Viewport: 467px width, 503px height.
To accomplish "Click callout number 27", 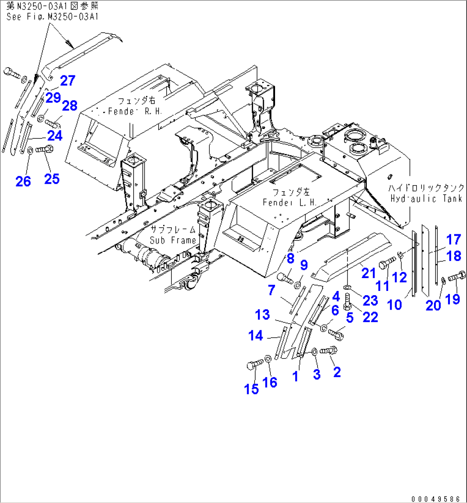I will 68,81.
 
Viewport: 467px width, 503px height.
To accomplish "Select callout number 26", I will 23,181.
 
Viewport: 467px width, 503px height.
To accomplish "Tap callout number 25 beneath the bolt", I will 52,178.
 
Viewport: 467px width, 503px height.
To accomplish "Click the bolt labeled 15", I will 254,365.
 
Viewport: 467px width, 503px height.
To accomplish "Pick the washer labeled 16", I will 267,358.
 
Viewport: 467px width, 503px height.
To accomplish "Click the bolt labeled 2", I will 329,350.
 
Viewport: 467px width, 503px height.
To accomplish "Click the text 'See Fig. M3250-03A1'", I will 52,17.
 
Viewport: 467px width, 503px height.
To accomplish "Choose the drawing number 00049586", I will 438,499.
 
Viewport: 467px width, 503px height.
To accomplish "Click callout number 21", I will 368,273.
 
